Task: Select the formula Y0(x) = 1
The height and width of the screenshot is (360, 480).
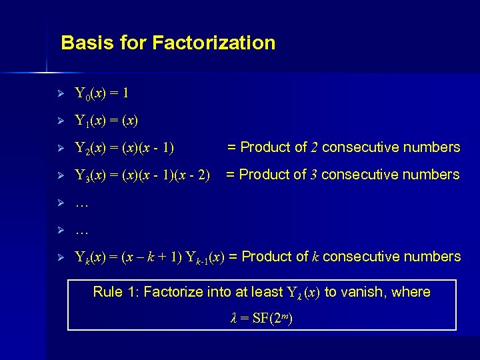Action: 107,93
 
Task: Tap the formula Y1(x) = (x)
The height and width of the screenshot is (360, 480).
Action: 107,121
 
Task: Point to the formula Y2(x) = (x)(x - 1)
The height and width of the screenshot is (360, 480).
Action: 125,148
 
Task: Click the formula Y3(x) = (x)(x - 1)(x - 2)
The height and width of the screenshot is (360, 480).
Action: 142,175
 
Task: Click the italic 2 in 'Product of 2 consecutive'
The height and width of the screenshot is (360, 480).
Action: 314,147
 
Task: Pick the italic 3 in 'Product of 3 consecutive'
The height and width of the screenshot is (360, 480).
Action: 313,175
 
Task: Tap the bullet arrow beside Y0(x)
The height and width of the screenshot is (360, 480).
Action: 60,93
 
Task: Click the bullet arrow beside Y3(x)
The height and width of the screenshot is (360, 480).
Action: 60,175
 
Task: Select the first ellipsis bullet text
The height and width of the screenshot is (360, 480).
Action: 82,204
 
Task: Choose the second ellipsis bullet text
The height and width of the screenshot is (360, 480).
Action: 82,231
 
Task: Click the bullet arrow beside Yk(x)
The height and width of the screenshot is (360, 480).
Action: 60,257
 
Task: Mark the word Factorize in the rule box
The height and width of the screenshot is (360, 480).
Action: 175,292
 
